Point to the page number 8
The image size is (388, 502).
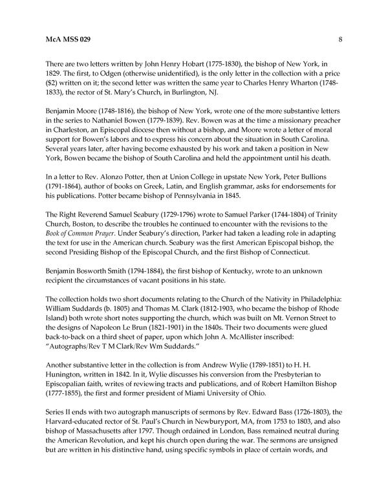click(x=339, y=39)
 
